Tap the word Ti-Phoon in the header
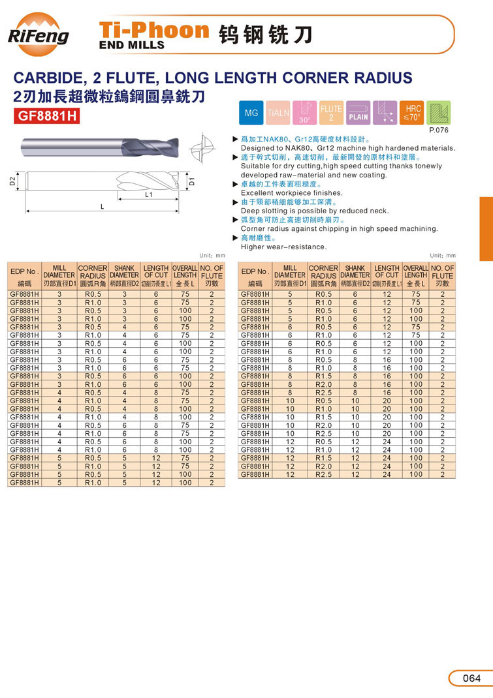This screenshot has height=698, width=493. tap(153, 30)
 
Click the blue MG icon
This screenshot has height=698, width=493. tap(251, 114)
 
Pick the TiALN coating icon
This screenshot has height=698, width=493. tap(278, 114)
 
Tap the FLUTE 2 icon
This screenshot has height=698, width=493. tap(331, 113)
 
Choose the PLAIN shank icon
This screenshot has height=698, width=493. tap(358, 113)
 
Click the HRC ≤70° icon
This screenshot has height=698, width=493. tap(413, 113)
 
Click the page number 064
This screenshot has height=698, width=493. tap(471, 678)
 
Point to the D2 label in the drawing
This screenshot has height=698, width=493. tap(12, 181)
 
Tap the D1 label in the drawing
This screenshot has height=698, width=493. tap(192, 181)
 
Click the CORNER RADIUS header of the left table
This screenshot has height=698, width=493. tap(93, 272)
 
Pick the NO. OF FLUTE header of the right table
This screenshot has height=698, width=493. tap(442, 272)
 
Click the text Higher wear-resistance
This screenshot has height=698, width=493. tap(283, 247)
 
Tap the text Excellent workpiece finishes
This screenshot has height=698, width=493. tap(291, 193)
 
